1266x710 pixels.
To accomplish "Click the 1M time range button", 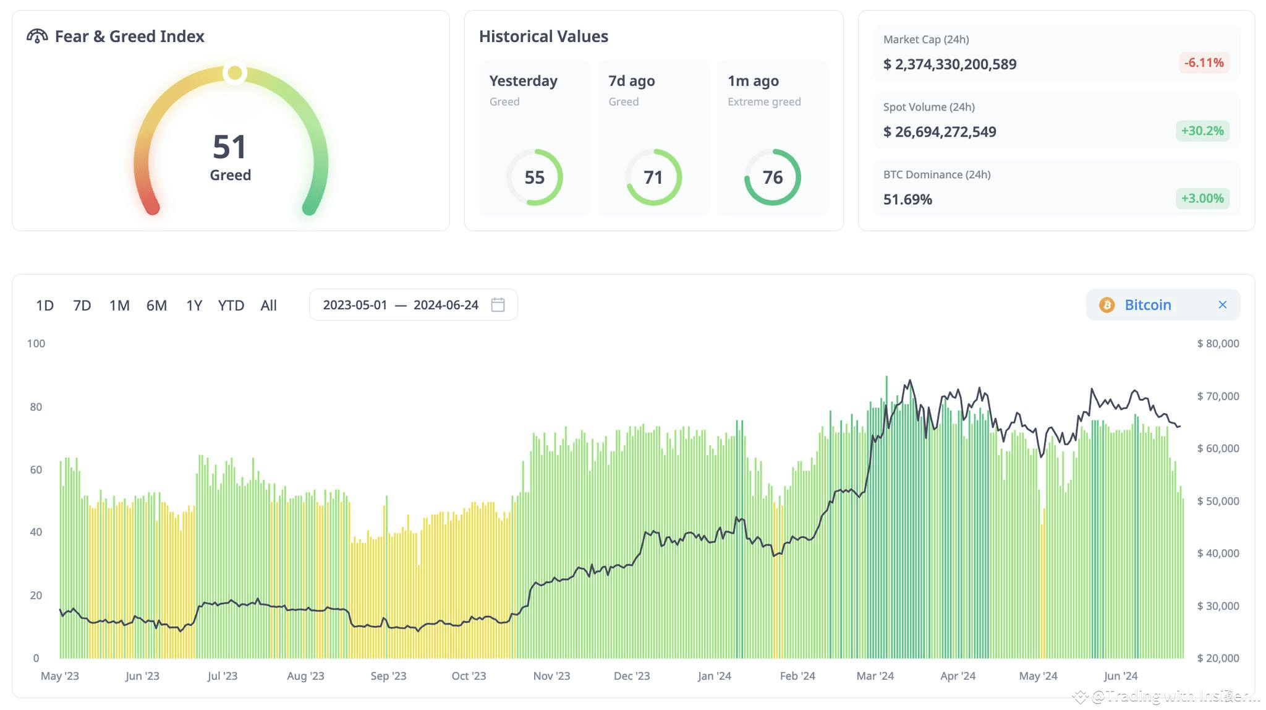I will pos(119,306).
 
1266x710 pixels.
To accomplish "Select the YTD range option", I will pos(231,306).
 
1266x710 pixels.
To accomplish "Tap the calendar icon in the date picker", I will pos(498,305).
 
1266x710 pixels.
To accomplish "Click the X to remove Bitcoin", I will pos(1222,305).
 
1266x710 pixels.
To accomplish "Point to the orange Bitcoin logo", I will pos(1107,305).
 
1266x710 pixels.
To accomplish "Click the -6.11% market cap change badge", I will pos(1204,63).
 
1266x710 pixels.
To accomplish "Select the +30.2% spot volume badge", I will pos(1202,131).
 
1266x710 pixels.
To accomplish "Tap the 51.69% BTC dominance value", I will pos(907,199).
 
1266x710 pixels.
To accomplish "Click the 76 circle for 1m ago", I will pos(773,177).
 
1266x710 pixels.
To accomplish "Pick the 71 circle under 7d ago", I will pos(653,177).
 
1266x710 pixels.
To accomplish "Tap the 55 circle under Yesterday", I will pos(535,177).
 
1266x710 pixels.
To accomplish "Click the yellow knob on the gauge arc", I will pos(235,73).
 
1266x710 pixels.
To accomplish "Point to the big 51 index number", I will pos(229,147).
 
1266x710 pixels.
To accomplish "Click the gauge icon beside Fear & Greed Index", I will pos(37,36).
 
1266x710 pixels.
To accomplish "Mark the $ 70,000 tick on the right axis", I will pos(1218,396).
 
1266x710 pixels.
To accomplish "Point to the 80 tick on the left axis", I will pos(36,407).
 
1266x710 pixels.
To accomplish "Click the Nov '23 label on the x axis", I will pos(551,676).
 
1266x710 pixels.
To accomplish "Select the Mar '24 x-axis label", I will pos(875,676).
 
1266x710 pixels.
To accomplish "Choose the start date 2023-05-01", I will pos(355,305).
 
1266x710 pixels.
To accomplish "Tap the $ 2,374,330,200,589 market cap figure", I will pos(949,64).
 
